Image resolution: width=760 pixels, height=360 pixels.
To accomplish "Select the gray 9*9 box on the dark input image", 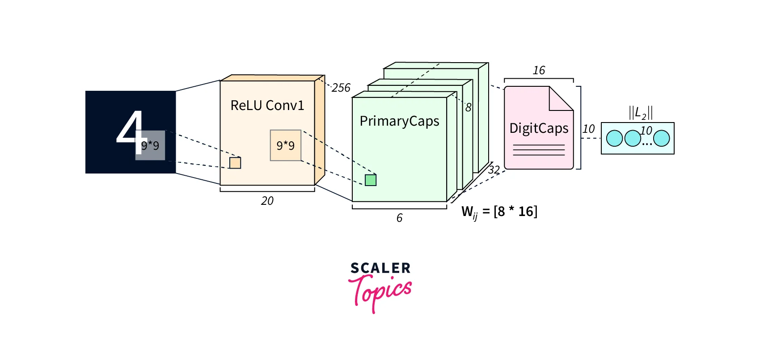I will [x=150, y=145].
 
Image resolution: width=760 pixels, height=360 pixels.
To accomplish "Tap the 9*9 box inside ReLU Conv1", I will [x=286, y=145].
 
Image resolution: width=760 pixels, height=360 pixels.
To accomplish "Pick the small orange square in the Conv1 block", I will [x=235, y=163].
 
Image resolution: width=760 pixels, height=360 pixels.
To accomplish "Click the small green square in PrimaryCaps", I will [x=371, y=180].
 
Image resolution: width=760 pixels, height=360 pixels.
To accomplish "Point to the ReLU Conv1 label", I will [x=267, y=106].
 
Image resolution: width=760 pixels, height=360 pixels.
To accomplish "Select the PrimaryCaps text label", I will [x=399, y=121].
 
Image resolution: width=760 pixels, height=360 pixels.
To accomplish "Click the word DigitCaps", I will [x=539, y=128].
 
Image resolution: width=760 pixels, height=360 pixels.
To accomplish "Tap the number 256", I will [x=341, y=88].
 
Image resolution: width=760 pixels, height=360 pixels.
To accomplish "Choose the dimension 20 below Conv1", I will [x=267, y=201].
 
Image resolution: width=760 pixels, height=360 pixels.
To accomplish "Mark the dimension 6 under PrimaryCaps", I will [x=399, y=218].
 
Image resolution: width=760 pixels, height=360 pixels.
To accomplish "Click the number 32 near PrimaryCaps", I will [x=494, y=170].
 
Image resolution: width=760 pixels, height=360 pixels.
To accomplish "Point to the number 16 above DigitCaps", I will [x=539, y=70].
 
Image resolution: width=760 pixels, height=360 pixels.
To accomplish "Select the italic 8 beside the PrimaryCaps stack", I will [x=468, y=107].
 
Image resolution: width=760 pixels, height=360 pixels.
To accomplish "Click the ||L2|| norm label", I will [x=641, y=113].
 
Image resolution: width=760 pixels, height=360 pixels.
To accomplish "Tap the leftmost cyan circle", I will [x=614, y=138].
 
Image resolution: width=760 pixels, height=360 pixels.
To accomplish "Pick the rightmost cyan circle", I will [x=662, y=138].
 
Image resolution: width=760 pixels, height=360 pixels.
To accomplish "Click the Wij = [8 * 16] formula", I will [x=499, y=212].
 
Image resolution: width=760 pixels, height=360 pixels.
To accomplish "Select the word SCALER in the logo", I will [x=380, y=268].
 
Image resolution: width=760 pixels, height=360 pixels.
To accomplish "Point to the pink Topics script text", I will [x=380, y=291].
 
